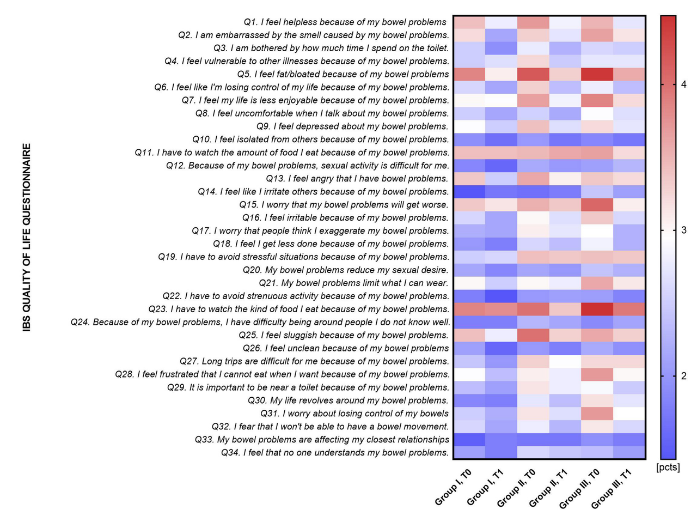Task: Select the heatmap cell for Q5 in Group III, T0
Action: pos(597,74)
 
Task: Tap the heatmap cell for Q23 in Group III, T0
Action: pos(597,309)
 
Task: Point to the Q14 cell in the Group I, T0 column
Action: pos(469,191)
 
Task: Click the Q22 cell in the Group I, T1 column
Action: pos(502,296)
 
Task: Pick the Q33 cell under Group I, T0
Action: pos(469,439)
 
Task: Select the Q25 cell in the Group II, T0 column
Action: pos(534,335)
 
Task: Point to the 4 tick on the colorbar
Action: pos(683,84)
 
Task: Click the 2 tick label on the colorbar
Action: pos(683,377)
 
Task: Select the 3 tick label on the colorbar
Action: pos(683,230)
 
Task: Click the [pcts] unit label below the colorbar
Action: pos(668,468)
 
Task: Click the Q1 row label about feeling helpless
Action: pos(346,22)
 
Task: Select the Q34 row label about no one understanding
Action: pos(335,452)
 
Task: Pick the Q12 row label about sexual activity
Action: pos(308,165)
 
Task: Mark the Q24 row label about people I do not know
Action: pos(260,322)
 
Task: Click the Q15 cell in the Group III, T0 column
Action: pos(597,204)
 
